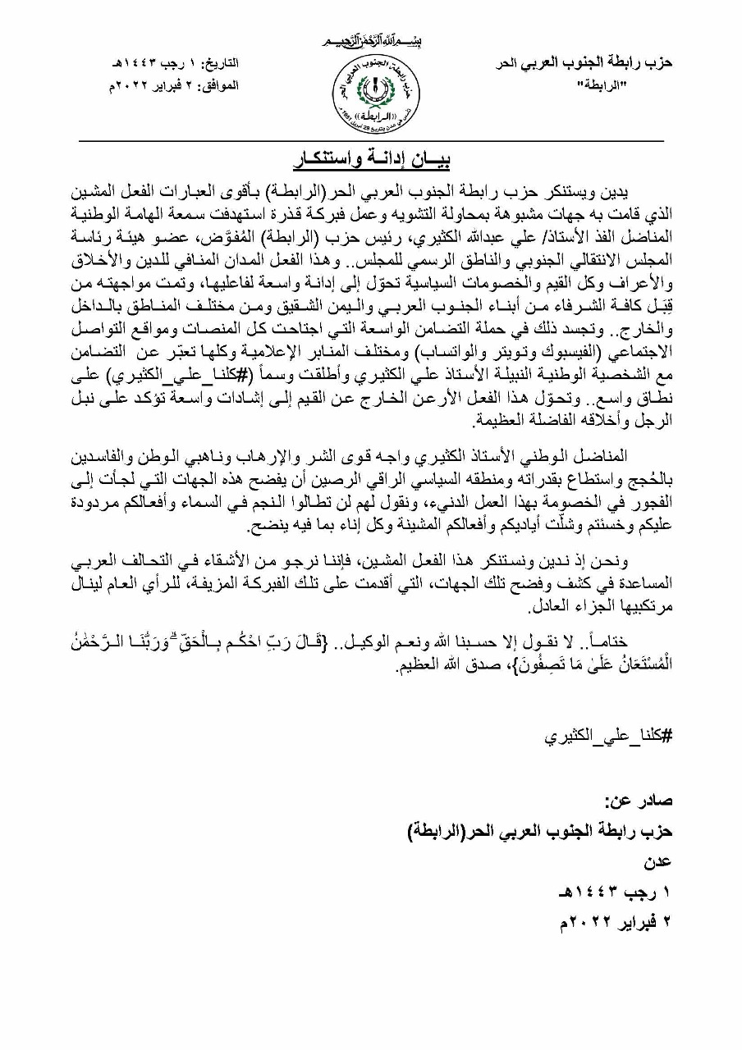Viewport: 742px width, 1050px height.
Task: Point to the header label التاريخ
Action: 218,64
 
